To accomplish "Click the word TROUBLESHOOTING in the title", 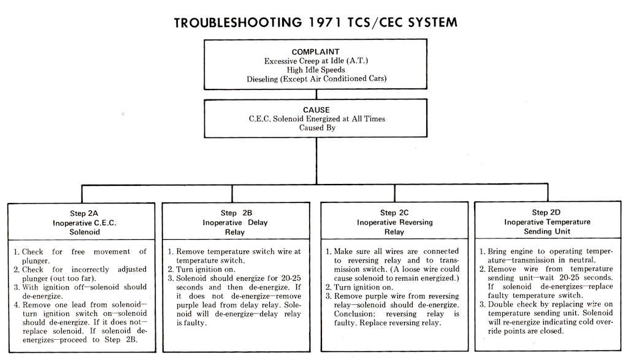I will pos(235,23).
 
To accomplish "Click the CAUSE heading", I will pos(316,110).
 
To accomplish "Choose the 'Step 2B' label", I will pos(236,213).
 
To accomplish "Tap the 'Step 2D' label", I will pos(547,212).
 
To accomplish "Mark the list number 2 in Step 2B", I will pos(171,269).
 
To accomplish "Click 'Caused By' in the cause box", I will pos(316,128).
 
